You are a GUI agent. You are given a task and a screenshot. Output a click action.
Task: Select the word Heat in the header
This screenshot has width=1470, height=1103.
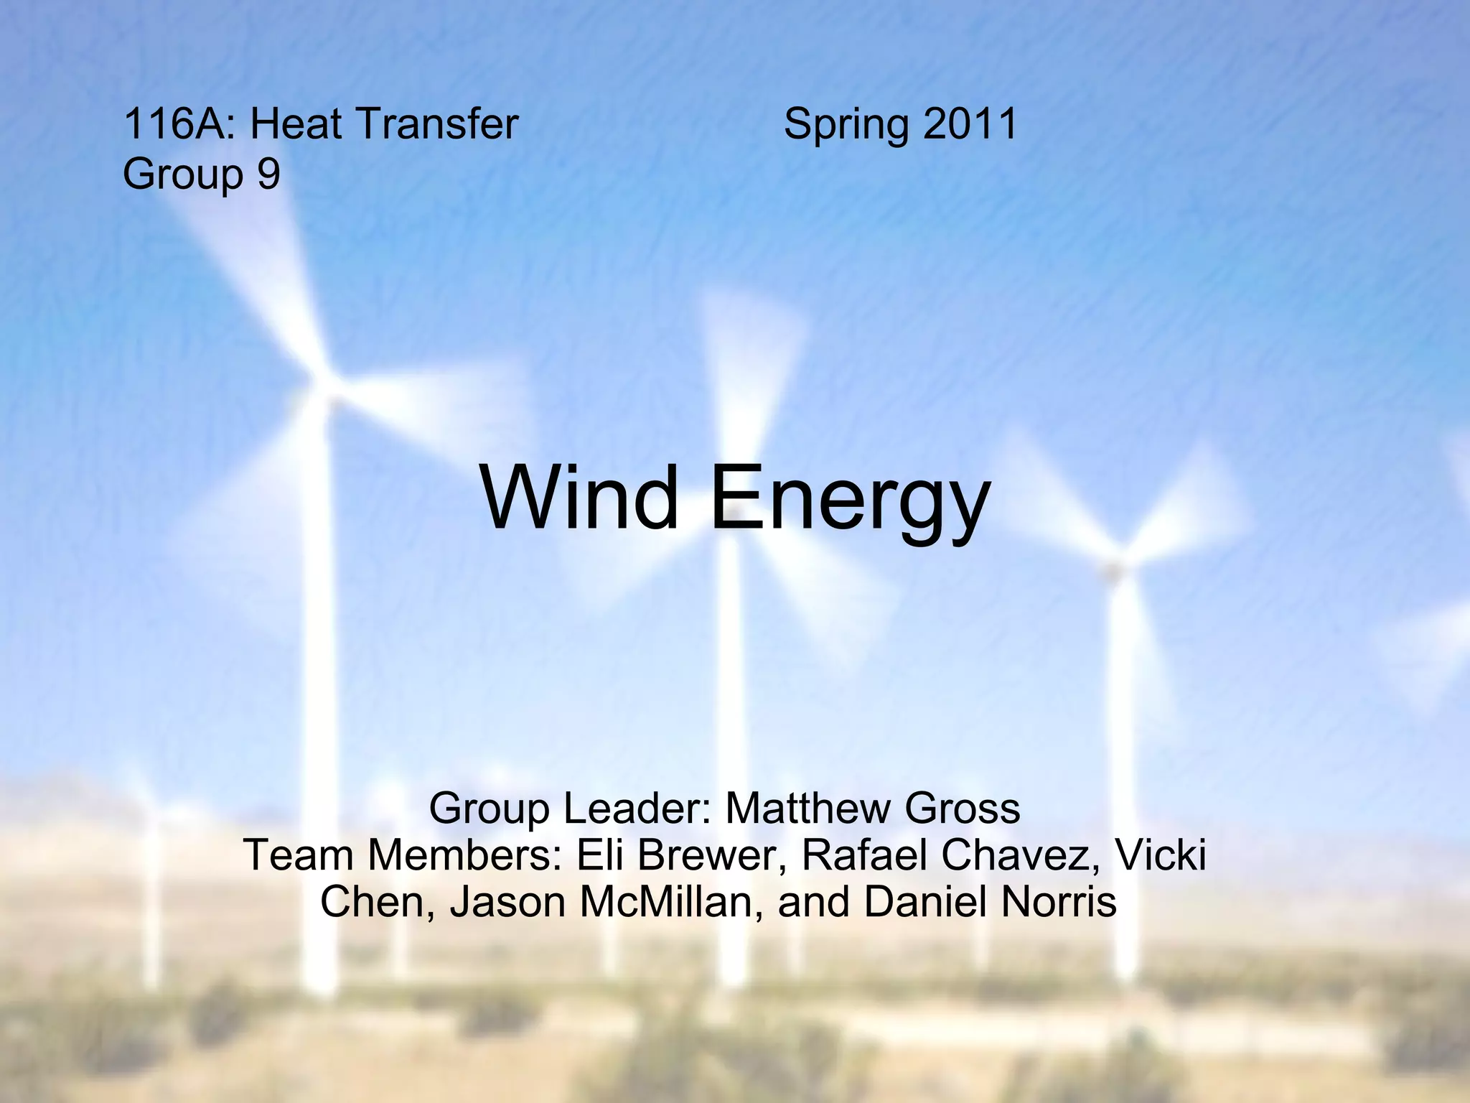coord(295,124)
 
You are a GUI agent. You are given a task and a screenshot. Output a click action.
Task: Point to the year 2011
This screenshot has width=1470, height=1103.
coord(970,124)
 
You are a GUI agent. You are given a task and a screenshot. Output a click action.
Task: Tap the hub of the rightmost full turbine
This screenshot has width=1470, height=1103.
coord(1113,571)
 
